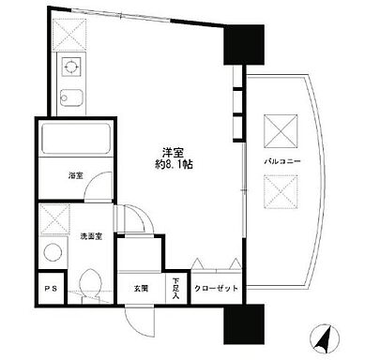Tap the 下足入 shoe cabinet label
point(175,288)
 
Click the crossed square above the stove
point(69,32)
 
